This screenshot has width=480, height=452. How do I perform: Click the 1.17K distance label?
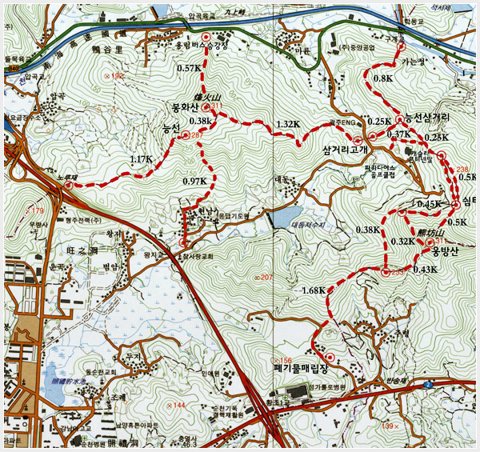click(x=141, y=159)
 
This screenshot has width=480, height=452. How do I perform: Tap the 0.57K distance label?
click(x=189, y=69)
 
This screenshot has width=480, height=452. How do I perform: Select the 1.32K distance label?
click(x=287, y=124)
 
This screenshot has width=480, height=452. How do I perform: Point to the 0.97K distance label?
click(x=194, y=182)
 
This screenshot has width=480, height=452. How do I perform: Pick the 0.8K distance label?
click(x=383, y=78)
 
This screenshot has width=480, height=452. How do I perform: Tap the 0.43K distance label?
click(x=426, y=270)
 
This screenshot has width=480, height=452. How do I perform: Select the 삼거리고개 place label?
click(x=345, y=149)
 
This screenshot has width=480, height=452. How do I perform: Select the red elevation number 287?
click(x=197, y=134)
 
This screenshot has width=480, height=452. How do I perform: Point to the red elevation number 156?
click(x=284, y=360)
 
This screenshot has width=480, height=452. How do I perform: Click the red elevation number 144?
click(x=179, y=406)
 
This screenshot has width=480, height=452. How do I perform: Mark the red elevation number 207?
click(x=266, y=277)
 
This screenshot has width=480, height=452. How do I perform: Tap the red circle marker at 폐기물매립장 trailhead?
click(x=329, y=356)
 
